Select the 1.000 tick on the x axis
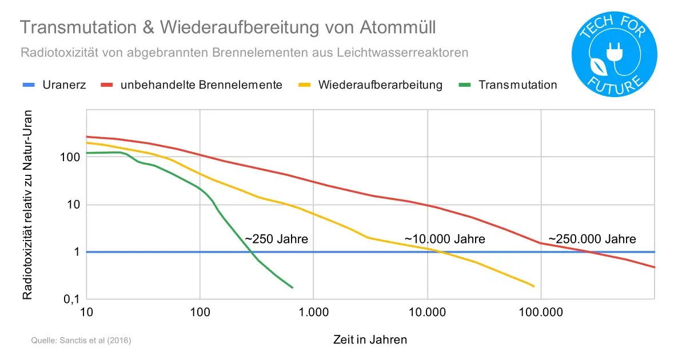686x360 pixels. click(313, 313)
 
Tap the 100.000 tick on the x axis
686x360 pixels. click(541, 313)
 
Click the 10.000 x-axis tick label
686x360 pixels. click(427, 313)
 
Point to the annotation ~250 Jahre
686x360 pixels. click(276, 239)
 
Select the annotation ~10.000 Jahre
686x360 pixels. click(445, 239)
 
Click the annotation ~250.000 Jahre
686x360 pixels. click(592, 239)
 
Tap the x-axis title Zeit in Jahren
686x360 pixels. click(370, 339)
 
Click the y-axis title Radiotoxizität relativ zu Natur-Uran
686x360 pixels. click(27, 205)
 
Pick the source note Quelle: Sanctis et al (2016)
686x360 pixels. click(81, 341)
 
